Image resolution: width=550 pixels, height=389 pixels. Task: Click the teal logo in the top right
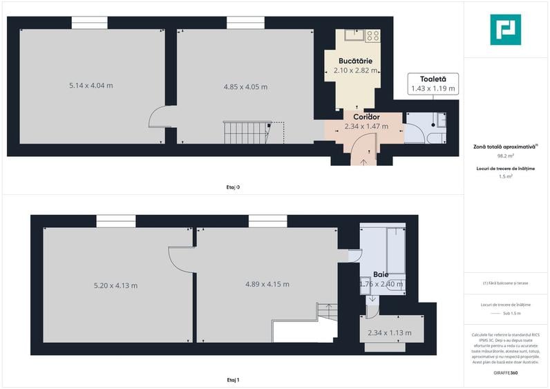coord(505,30)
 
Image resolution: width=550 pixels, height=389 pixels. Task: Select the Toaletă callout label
coord(433,79)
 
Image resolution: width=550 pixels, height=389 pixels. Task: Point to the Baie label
coord(381,274)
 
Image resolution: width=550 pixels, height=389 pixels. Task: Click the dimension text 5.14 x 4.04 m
coord(91,86)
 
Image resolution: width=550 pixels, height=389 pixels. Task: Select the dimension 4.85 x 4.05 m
coord(245,87)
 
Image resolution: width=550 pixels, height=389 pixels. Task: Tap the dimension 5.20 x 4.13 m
coord(115,285)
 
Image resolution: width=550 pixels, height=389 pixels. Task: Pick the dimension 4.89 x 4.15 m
coord(267,284)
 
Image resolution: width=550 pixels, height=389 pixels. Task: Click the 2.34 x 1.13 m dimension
coord(389,333)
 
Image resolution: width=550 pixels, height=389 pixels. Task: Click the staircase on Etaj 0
coord(245,132)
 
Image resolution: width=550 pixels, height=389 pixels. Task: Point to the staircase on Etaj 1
coord(326,313)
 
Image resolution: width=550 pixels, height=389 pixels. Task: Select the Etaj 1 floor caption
coord(233,380)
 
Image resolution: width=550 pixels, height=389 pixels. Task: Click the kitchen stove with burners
coord(372,35)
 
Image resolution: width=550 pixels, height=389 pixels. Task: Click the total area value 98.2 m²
coord(505,156)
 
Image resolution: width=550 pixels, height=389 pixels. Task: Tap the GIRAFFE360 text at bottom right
coord(505,373)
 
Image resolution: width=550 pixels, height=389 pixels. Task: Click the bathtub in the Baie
coord(395,250)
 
